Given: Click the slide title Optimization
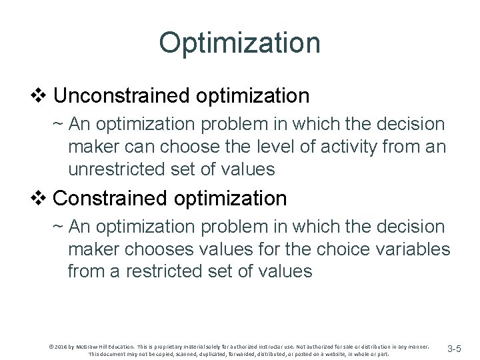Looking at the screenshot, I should pos(239,43).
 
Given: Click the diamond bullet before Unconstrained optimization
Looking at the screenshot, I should pos(45,96).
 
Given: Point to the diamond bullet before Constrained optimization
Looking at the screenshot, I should pos(45,198).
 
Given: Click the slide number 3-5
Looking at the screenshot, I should pos(459,348).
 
